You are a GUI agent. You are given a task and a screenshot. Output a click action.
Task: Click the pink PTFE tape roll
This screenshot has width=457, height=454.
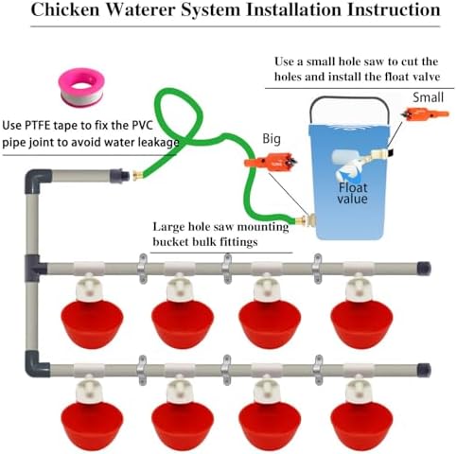pyautogui.click(x=80, y=88)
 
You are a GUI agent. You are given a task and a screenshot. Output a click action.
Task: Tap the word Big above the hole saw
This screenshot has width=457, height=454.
pyautogui.click(x=272, y=139)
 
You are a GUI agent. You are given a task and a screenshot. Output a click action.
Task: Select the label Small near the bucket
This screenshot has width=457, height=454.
pyautogui.click(x=428, y=97)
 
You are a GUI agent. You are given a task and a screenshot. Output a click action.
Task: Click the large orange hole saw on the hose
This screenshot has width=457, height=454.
pyautogui.click(x=271, y=162)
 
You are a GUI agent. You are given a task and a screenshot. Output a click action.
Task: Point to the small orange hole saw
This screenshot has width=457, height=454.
pyautogui.click(x=425, y=113)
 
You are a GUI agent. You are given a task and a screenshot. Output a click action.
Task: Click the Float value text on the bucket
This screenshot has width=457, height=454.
pyautogui.click(x=353, y=193)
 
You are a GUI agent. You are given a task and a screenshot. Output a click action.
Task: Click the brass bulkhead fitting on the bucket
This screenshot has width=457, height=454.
pyautogui.click(x=306, y=219)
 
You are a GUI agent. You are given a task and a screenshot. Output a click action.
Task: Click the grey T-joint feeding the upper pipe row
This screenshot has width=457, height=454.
pyautogui.click(x=35, y=268)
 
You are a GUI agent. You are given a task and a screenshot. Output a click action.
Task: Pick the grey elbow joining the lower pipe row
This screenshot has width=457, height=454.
pyautogui.click(x=36, y=365)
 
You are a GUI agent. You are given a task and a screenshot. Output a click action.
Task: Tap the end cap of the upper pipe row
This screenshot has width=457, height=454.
pyautogui.click(x=423, y=269)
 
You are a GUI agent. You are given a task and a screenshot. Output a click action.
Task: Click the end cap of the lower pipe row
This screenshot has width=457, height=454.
pyautogui.click(x=424, y=370)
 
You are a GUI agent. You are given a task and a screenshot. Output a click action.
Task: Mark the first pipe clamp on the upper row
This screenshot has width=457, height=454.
pyautogui.click(x=142, y=269)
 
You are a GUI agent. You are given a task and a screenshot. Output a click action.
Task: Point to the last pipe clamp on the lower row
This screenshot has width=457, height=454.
pyautogui.click(x=318, y=370)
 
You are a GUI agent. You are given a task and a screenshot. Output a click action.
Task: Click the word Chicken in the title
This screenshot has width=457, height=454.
pyautogui.click(x=64, y=9)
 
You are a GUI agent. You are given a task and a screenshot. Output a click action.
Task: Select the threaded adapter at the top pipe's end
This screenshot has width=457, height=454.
pyautogui.click(x=119, y=176)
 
